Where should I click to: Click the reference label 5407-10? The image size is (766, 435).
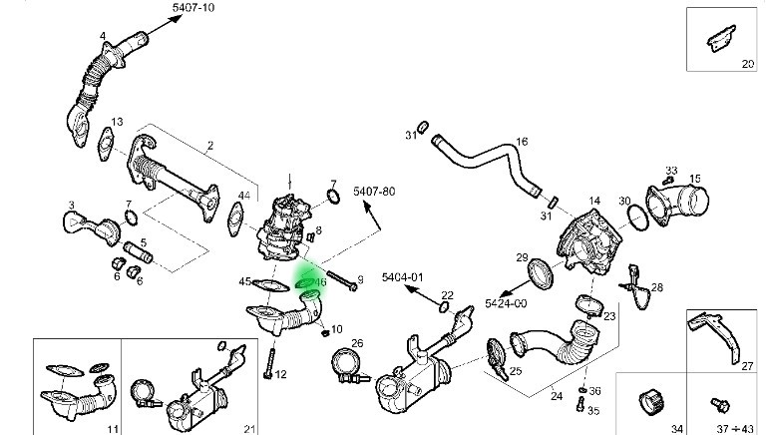pos(193,8)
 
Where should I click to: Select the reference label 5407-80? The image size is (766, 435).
pos(375,191)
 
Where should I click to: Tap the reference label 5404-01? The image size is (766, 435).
pos(403,276)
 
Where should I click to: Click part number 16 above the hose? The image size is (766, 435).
pos(521,142)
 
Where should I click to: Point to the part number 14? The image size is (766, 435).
pos(594,201)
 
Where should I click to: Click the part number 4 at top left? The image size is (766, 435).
pos(101,37)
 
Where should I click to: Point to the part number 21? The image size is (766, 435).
pos(249,428)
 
